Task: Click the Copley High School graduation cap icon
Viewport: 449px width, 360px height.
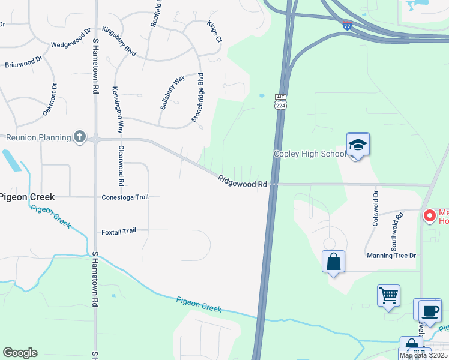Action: tap(357, 145)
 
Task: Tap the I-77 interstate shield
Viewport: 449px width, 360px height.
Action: tap(348, 25)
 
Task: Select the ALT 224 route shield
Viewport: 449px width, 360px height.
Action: tap(280, 102)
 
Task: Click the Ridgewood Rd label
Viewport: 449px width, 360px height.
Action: tap(243, 181)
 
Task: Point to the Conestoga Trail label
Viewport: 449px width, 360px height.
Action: tap(125, 197)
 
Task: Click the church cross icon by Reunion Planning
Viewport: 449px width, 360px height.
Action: tap(79, 137)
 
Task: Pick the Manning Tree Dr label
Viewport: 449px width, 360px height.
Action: tap(391, 256)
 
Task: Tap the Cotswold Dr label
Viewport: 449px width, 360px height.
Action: tap(376, 208)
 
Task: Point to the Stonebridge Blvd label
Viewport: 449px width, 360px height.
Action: tap(198, 97)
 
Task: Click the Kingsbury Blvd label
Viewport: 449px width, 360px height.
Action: tap(119, 41)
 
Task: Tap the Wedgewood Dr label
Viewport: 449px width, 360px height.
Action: tap(70, 37)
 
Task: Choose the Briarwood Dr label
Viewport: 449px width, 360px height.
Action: tap(23, 62)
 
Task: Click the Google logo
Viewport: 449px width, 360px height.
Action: tap(20, 353)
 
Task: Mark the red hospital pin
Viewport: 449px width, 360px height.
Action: tap(430, 215)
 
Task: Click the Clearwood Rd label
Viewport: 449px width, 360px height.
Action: tap(121, 165)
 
